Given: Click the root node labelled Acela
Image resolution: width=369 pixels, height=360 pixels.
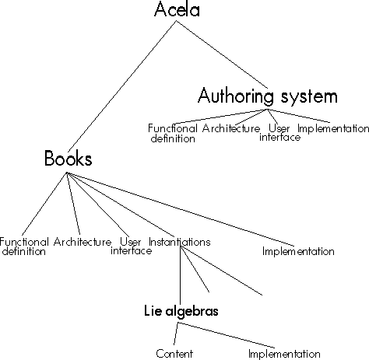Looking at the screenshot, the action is [x=177, y=9].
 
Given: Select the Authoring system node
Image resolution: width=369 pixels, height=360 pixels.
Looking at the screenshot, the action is [x=268, y=96].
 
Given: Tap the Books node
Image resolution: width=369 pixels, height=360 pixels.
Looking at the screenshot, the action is [x=69, y=158].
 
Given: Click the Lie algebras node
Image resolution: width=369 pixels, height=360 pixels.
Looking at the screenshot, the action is [x=181, y=310].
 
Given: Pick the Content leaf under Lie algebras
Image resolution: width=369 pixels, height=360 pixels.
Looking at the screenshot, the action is [x=174, y=354].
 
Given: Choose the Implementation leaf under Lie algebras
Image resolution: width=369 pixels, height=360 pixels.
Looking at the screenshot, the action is [x=284, y=354].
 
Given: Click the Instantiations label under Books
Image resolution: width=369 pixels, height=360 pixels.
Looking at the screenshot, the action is [x=179, y=242].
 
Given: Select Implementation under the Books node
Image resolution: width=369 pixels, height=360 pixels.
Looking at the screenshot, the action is [x=298, y=251].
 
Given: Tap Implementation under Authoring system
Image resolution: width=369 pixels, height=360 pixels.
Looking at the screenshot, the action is [x=333, y=128].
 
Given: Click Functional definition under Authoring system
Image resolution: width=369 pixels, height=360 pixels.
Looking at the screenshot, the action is [x=173, y=133].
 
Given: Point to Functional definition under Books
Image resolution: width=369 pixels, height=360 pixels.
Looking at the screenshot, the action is [x=24, y=246].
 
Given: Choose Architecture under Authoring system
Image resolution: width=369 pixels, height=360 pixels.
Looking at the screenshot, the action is [x=231, y=128].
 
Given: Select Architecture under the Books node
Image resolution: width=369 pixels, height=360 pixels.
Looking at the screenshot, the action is [x=83, y=242].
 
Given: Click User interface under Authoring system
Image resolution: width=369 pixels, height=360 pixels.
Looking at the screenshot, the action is [x=279, y=132].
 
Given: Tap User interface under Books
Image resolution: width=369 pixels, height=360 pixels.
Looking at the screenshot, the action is [x=132, y=246].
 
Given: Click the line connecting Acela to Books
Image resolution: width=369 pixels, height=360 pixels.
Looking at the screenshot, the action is [x=122, y=87].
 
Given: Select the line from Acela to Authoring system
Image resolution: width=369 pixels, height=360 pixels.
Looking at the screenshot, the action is [x=222, y=54].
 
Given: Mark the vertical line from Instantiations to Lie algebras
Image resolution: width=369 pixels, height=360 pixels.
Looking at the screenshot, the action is [x=181, y=274].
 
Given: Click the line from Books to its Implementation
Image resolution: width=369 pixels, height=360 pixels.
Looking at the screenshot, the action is [x=181, y=209].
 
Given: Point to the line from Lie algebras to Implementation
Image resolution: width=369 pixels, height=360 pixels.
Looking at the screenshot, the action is [x=227, y=335].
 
